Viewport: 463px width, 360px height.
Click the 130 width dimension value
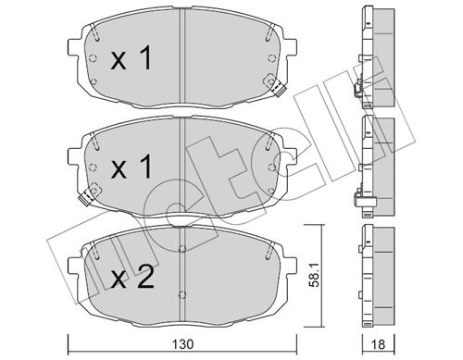pyautogui.click(x=182, y=344)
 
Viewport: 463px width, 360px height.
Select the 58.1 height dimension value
pyautogui.click(x=315, y=276)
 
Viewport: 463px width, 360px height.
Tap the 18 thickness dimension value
pyautogui.click(x=378, y=344)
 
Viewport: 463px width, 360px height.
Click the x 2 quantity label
pyautogui.click(x=132, y=278)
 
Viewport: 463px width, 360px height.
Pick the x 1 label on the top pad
pyautogui.click(x=131, y=57)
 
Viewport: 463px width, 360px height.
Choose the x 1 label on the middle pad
pyautogui.click(x=131, y=168)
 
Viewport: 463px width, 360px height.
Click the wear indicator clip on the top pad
pyautogui.click(x=277, y=88)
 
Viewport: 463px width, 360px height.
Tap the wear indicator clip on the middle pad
pyautogui.click(x=86, y=197)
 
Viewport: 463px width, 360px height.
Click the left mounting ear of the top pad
pyautogui.click(x=74, y=47)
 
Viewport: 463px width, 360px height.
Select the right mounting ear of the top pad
pyautogui.click(x=290, y=47)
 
